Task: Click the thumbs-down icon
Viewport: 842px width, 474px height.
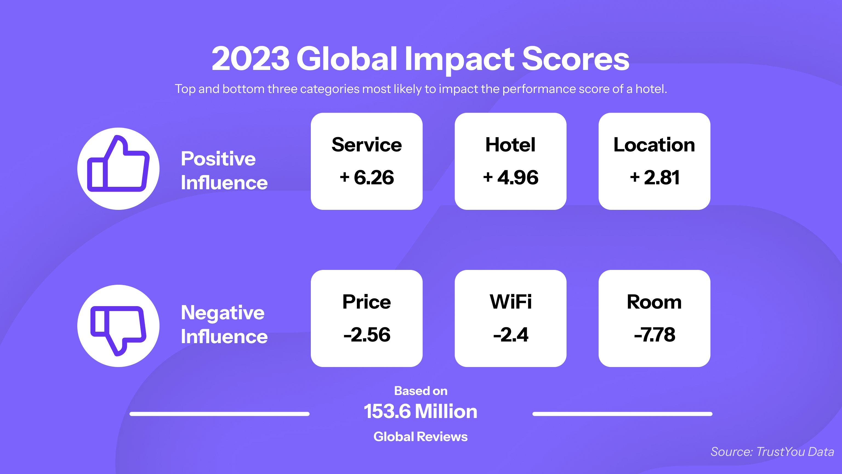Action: [118, 330]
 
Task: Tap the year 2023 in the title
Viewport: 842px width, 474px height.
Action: [250, 59]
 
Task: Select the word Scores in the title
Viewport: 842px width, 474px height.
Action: [575, 59]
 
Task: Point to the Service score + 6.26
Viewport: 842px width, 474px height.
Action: [367, 178]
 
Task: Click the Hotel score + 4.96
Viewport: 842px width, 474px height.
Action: [511, 178]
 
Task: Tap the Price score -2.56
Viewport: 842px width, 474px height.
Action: [367, 335]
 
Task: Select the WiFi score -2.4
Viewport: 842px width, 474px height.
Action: [511, 335]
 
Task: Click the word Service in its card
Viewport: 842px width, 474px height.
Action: [367, 145]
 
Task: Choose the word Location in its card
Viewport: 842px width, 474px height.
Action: [654, 145]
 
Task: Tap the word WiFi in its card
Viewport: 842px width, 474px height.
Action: [511, 302]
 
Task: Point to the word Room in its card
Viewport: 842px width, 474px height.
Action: [654, 302]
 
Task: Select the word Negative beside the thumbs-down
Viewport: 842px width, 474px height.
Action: [223, 313]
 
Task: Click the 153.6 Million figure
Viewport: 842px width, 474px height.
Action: [421, 411]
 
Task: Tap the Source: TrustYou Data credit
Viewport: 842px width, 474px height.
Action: [772, 452]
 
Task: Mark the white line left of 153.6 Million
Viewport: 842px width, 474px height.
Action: [220, 414]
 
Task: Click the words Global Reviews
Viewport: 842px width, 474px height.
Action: [421, 437]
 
